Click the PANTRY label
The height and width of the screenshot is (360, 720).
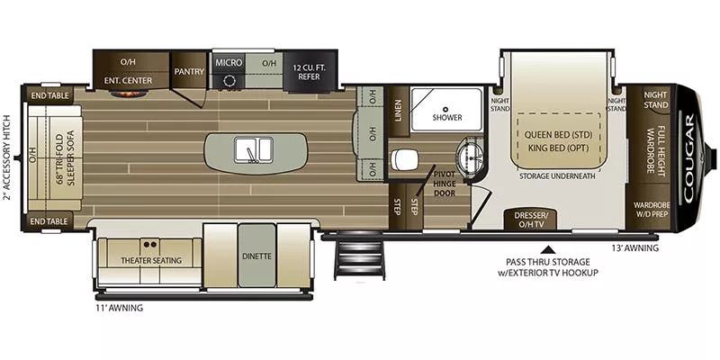(189, 71)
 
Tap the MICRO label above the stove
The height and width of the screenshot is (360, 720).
(229, 62)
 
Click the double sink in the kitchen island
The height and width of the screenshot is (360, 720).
(254, 148)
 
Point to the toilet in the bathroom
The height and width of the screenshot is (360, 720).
(403, 160)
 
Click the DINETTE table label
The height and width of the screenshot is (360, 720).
(256, 256)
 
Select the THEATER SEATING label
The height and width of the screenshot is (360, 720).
(150, 260)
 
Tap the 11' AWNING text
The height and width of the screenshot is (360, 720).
(119, 308)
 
